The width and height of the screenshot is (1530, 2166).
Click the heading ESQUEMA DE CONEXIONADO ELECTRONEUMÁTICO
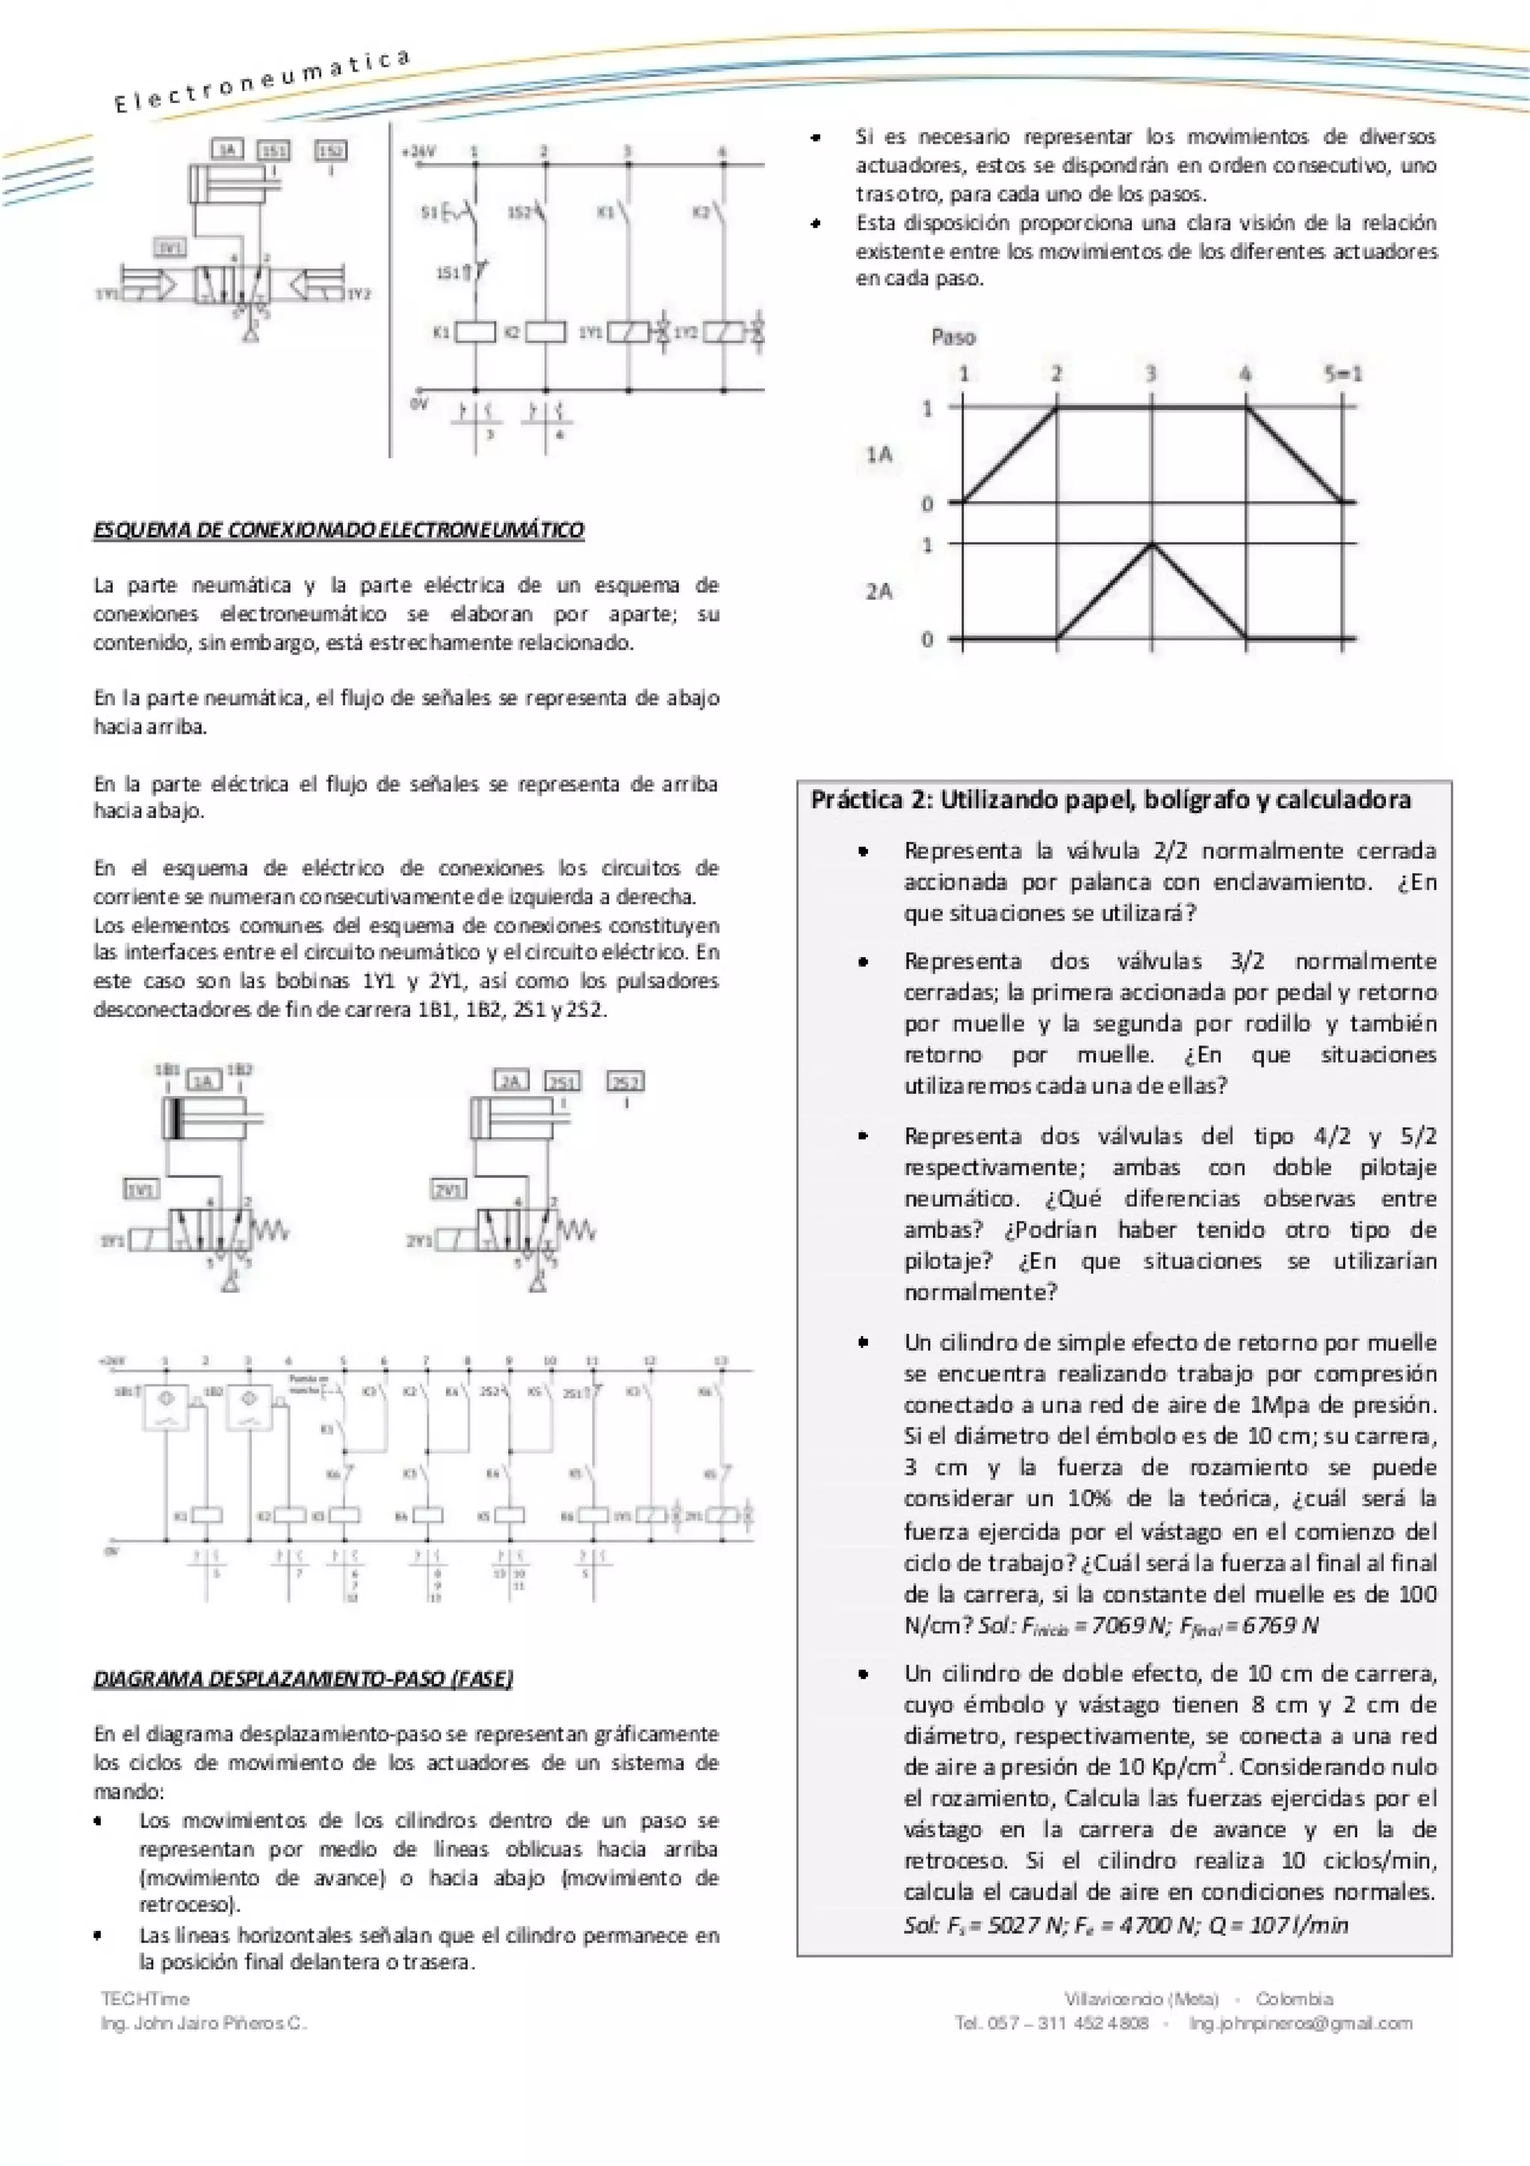pyautogui.click(x=338, y=530)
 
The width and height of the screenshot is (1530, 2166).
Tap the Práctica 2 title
pyautogui.click(x=1110, y=800)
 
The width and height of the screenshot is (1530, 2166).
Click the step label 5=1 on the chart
pyautogui.click(x=1342, y=374)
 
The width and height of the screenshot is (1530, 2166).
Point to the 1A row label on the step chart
pyautogui.click(x=879, y=455)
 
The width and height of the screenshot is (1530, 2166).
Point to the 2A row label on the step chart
pyautogui.click(x=879, y=592)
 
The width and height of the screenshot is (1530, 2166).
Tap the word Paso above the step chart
pyautogui.click(x=953, y=337)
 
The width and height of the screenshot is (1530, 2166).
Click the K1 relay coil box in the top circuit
pyautogui.click(x=475, y=332)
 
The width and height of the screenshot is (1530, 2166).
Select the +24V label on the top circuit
pyautogui.click(x=419, y=151)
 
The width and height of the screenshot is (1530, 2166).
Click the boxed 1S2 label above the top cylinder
pyautogui.click(x=331, y=150)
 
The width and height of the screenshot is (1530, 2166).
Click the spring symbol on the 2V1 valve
pyautogui.click(x=576, y=1230)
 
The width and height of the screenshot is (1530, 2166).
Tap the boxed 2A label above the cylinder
pyautogui.click(x=510, y=1081)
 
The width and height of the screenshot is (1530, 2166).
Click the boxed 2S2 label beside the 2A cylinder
pyautogui.click(x=626, y=1082)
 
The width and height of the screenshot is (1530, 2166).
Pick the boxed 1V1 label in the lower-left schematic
pyautogui.click(x=141, y=1190)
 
